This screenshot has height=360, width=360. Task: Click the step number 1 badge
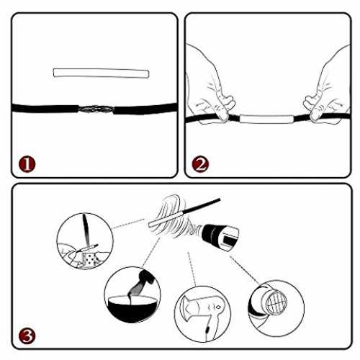tap(27, 164)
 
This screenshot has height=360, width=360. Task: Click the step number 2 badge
tap(200, 164)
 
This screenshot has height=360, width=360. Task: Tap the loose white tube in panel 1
tap(101, 73)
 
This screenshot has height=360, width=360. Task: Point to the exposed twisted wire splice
tap(96, 109)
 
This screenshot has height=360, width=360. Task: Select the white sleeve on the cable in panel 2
tap(266, 119)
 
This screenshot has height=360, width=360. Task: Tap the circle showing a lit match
tap(85, 240)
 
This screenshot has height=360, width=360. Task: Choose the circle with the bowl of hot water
tap(132, 294)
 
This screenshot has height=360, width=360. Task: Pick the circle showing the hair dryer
tap(203, 314)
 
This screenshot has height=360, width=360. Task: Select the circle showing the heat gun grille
tap(276, 308)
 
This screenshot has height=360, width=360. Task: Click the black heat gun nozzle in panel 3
tap(220, 237)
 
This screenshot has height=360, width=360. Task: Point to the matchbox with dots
tap(89, 259)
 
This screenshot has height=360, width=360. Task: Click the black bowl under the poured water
tap(132, 308)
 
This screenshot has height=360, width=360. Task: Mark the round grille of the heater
tap(276, 302)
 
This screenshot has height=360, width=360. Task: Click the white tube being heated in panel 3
tap(166, 218)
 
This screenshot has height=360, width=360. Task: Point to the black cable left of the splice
tap(45, 108)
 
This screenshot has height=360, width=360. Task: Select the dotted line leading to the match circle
tap(128, 223)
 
